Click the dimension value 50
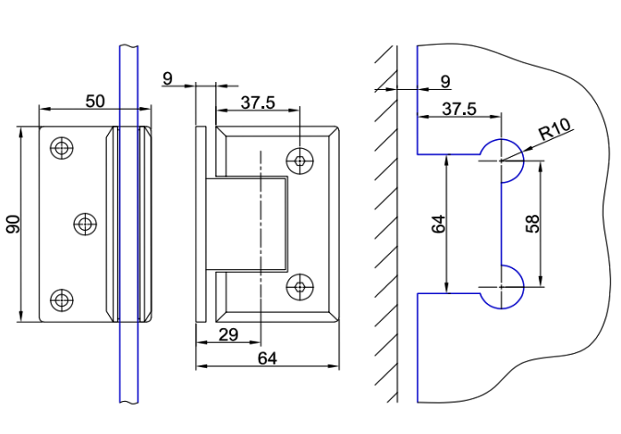(95, 101)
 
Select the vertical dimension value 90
(12, 224)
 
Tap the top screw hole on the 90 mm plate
(62, 147)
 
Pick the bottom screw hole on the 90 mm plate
(62, 299)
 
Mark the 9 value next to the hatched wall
(445, 82)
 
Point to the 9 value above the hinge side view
(168, 78)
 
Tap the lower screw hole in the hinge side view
(302, 286)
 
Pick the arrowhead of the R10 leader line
(508, 158)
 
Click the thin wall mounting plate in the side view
(201, 224)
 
